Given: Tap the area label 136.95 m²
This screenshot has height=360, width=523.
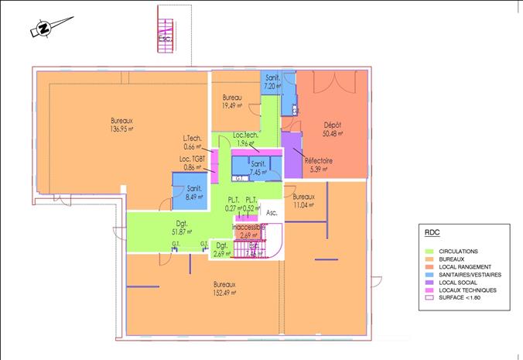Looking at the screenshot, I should click(x=122, y=129).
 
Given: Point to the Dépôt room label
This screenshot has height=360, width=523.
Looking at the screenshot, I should click(x=333, y=125).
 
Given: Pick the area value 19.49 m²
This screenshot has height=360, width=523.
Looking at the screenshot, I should click(x=233, y=105).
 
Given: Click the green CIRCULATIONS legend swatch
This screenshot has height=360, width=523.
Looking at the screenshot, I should click(x=432, y=252).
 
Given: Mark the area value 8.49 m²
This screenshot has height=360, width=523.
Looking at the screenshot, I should click(x=194, y=197).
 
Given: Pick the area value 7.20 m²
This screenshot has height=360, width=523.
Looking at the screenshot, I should click(x=272, y=87).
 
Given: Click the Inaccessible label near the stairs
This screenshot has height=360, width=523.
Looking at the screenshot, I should click(x=248, y=227).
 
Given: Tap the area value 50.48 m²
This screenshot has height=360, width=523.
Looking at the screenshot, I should click(x=333, y=133).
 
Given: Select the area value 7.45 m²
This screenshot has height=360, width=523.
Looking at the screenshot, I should click(x=259, y=172).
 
